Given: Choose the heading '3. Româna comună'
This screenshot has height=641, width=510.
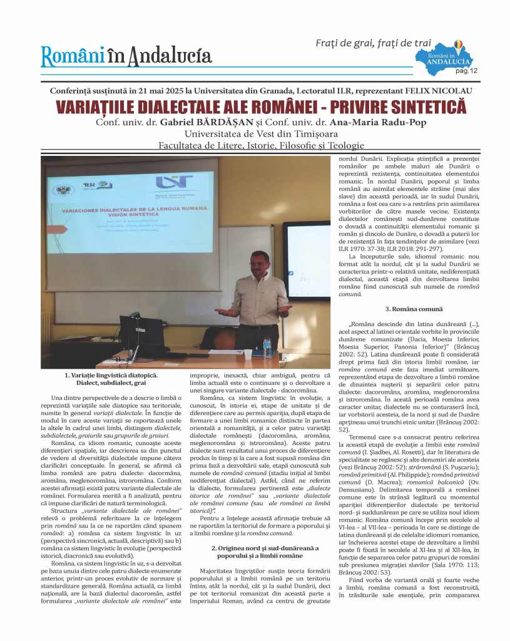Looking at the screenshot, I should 414,309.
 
